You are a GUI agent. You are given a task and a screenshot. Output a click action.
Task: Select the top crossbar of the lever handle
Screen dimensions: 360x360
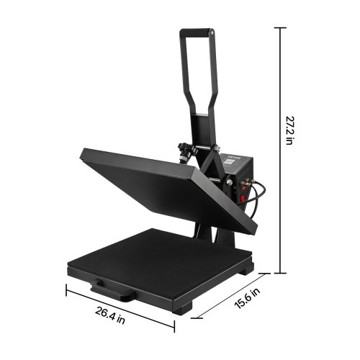point(196,31)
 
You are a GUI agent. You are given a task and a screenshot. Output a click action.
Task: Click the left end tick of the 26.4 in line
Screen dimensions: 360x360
point(67,290)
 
